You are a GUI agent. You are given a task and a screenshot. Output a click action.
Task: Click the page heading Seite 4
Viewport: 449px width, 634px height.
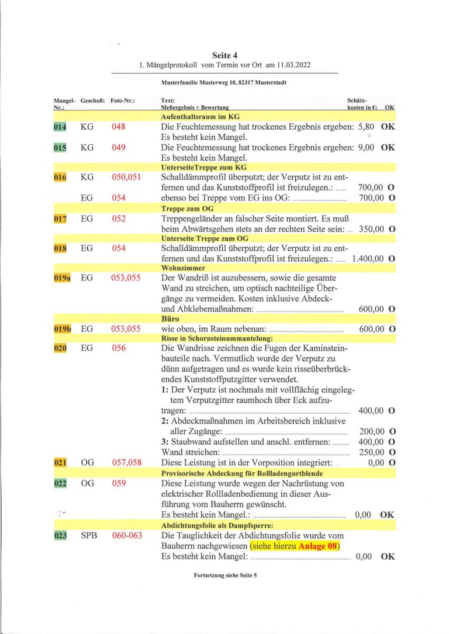coord(224,56)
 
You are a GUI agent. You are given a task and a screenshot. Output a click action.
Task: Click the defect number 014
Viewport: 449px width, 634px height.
coord(60,127)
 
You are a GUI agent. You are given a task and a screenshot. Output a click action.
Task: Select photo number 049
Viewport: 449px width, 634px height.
coord(119,148)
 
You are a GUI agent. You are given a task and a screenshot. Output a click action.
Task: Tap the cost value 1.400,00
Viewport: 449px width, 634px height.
coord(368,258)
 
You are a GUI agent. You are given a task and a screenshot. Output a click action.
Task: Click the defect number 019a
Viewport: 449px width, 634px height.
coord(62,278)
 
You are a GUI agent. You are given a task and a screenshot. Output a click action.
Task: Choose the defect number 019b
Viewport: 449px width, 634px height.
coord(62,329)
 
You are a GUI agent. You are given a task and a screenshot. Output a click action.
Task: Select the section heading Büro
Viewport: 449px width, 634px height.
coord(170,319)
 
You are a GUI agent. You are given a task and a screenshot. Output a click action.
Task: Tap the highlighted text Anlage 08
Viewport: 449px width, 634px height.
coord(319,546)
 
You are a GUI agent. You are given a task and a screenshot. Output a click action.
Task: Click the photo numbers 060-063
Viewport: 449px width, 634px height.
coord(126,535)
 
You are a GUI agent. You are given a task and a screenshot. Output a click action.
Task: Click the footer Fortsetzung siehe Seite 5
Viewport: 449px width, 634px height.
coord(225,575)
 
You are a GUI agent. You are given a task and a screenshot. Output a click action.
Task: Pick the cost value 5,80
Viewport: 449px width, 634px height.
coord(366,127)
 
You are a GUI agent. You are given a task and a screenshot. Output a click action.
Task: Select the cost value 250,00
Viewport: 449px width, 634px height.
coord(371,452)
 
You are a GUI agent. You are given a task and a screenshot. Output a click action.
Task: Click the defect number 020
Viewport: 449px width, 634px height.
coord(60,349)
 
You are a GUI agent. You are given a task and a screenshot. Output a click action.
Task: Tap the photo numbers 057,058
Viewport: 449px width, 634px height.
coord(126,463)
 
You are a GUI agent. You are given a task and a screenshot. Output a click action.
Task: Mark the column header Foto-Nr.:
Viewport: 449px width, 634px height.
coord(122,101)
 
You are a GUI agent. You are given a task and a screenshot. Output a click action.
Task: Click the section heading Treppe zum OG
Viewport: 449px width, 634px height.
coord(183,208)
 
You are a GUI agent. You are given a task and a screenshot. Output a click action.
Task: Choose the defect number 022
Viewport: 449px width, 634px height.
coord(60,484)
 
